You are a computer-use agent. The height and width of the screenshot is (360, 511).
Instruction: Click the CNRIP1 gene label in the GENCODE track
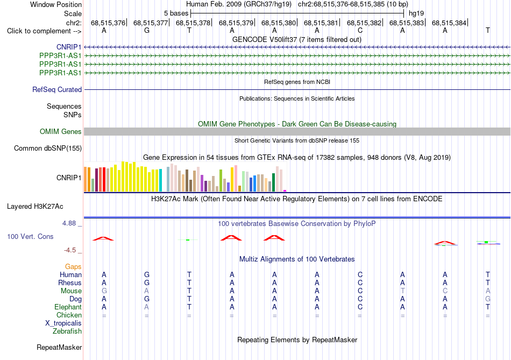pos(69,47)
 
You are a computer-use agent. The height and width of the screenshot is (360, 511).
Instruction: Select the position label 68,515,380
pos(278,23)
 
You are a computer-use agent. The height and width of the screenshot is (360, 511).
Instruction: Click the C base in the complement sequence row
pos(360,30)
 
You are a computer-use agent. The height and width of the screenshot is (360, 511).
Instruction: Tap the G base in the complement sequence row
pos(147,30)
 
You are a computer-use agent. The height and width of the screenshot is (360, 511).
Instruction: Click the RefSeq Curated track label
pos(57,89)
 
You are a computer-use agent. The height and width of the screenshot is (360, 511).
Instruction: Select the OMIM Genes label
pos(61,131)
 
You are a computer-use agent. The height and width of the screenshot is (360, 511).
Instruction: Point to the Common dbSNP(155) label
pos(48,149)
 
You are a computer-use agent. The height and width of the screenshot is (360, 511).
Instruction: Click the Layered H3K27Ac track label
pos(35,207)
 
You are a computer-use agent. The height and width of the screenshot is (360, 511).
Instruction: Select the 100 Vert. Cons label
pos(30,236)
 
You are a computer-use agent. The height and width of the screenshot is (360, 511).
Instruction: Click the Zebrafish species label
pos(67,331)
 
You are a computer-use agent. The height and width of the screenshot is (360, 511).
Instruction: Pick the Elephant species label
pos(68,307)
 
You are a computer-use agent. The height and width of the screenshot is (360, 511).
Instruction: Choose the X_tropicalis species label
pos(63,323)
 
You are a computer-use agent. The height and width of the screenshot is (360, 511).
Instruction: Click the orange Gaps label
pos(73,267)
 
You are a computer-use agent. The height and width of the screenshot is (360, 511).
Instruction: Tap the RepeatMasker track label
pos(59,348)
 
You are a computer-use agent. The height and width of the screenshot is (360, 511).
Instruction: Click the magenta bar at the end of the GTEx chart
pos(285,190)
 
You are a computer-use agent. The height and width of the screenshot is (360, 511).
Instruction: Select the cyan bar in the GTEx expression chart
pos(160,180)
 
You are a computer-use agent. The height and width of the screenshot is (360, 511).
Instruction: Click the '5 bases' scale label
pos(176,13)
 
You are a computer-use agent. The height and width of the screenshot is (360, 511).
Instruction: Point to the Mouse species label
pos(71,291)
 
